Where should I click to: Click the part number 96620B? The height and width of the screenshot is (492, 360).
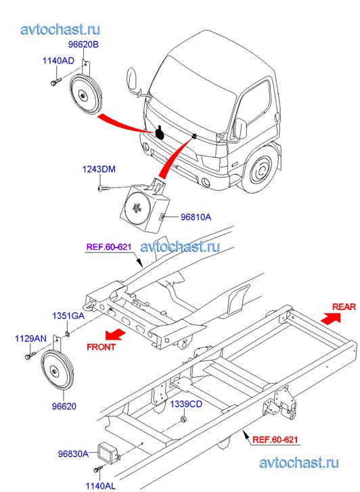tap(83, 45)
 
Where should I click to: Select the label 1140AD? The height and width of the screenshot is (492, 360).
tap(58, 60)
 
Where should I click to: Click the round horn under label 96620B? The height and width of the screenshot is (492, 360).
tap(85, 95)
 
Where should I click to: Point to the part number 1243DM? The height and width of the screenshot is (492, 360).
tap(99, 169)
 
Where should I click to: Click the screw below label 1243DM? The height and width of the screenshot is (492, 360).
tap(102, 189)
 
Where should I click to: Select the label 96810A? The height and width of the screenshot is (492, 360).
tap(196, 217)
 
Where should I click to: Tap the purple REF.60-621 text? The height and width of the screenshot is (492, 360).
tap(109, 246)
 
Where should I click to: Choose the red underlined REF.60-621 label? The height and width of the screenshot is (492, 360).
tap(275, 440)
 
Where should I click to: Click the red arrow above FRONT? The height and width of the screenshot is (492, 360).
tap(115, 334)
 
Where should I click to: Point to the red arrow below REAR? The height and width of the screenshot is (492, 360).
tap(331, 318)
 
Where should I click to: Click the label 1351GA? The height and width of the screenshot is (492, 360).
tap(68, 315)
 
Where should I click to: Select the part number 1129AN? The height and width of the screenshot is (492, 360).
tap(30, 338)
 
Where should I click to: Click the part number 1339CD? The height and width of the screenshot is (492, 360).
tap(186, 404)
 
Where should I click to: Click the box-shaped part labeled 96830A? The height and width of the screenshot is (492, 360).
tap(109, 453)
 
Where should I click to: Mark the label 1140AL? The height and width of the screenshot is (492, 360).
tap(100, 486)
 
